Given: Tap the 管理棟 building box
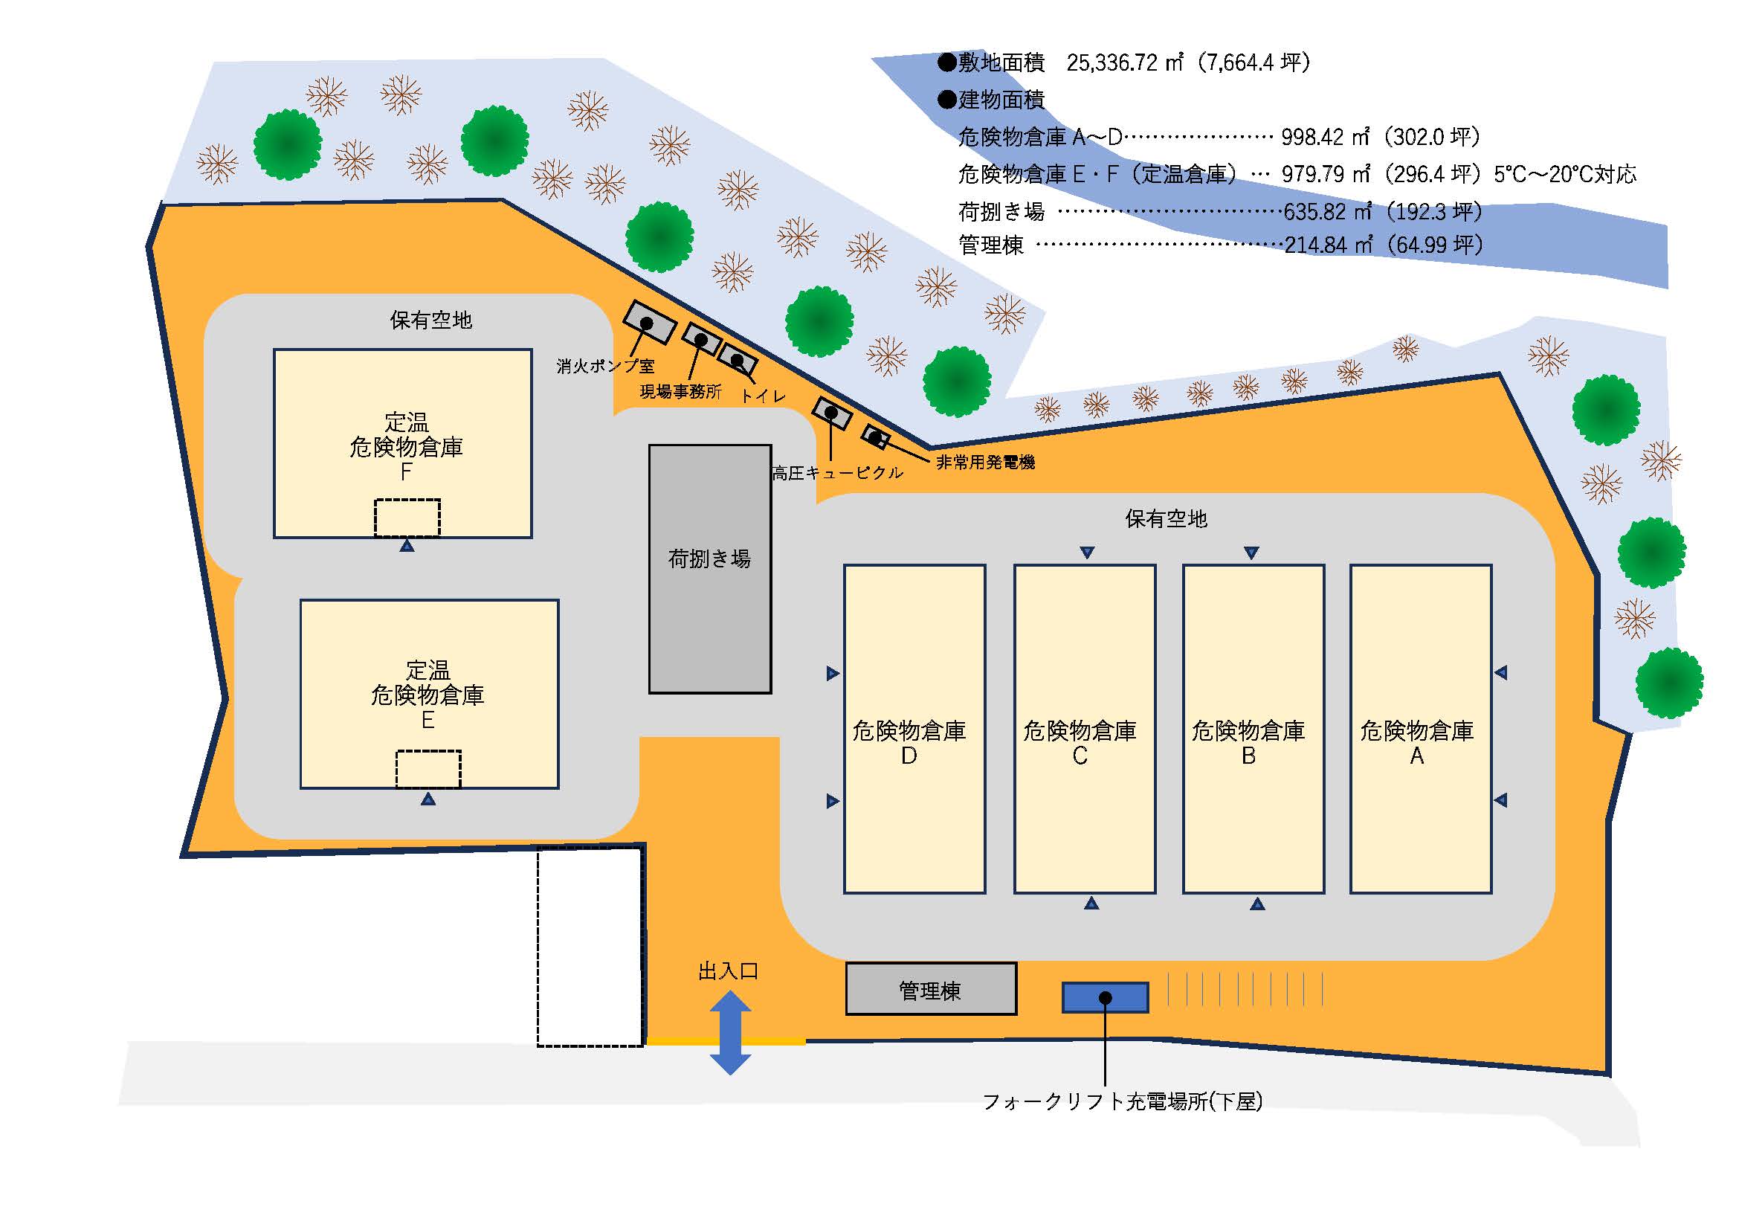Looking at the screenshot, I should point(931,989).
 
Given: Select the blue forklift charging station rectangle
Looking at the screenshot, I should point(1105,997).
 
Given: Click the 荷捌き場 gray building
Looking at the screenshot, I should point(710,568).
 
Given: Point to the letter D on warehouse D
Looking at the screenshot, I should point(909,756).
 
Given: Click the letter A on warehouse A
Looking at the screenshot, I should point(1416,756).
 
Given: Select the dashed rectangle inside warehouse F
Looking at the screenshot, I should point(407,518).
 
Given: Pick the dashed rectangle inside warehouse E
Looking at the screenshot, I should point(428,769).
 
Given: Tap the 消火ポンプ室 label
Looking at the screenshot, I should point(605,367).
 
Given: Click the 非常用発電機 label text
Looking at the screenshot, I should point(985,462).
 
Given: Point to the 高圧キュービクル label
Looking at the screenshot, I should point(838,474).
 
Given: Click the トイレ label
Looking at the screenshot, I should point(763,396).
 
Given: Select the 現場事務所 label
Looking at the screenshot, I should point(680,392).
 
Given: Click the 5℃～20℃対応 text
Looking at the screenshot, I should point(1565,175).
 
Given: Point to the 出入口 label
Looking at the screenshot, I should point(728,972).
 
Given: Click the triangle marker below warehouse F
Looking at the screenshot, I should point(407,545).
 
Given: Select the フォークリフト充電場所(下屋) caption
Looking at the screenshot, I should point(1123,1102).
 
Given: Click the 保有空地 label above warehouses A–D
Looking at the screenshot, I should point(1166,519).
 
